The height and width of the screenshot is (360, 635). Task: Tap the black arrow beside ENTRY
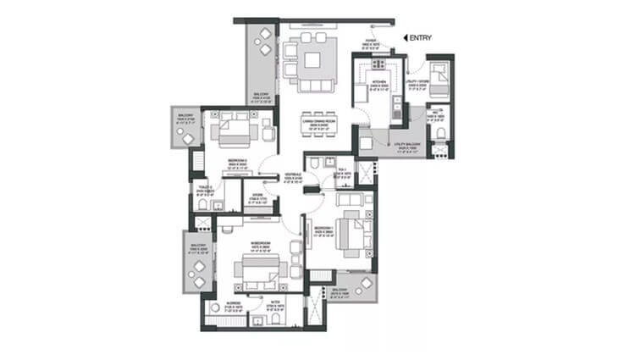point(406,37)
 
